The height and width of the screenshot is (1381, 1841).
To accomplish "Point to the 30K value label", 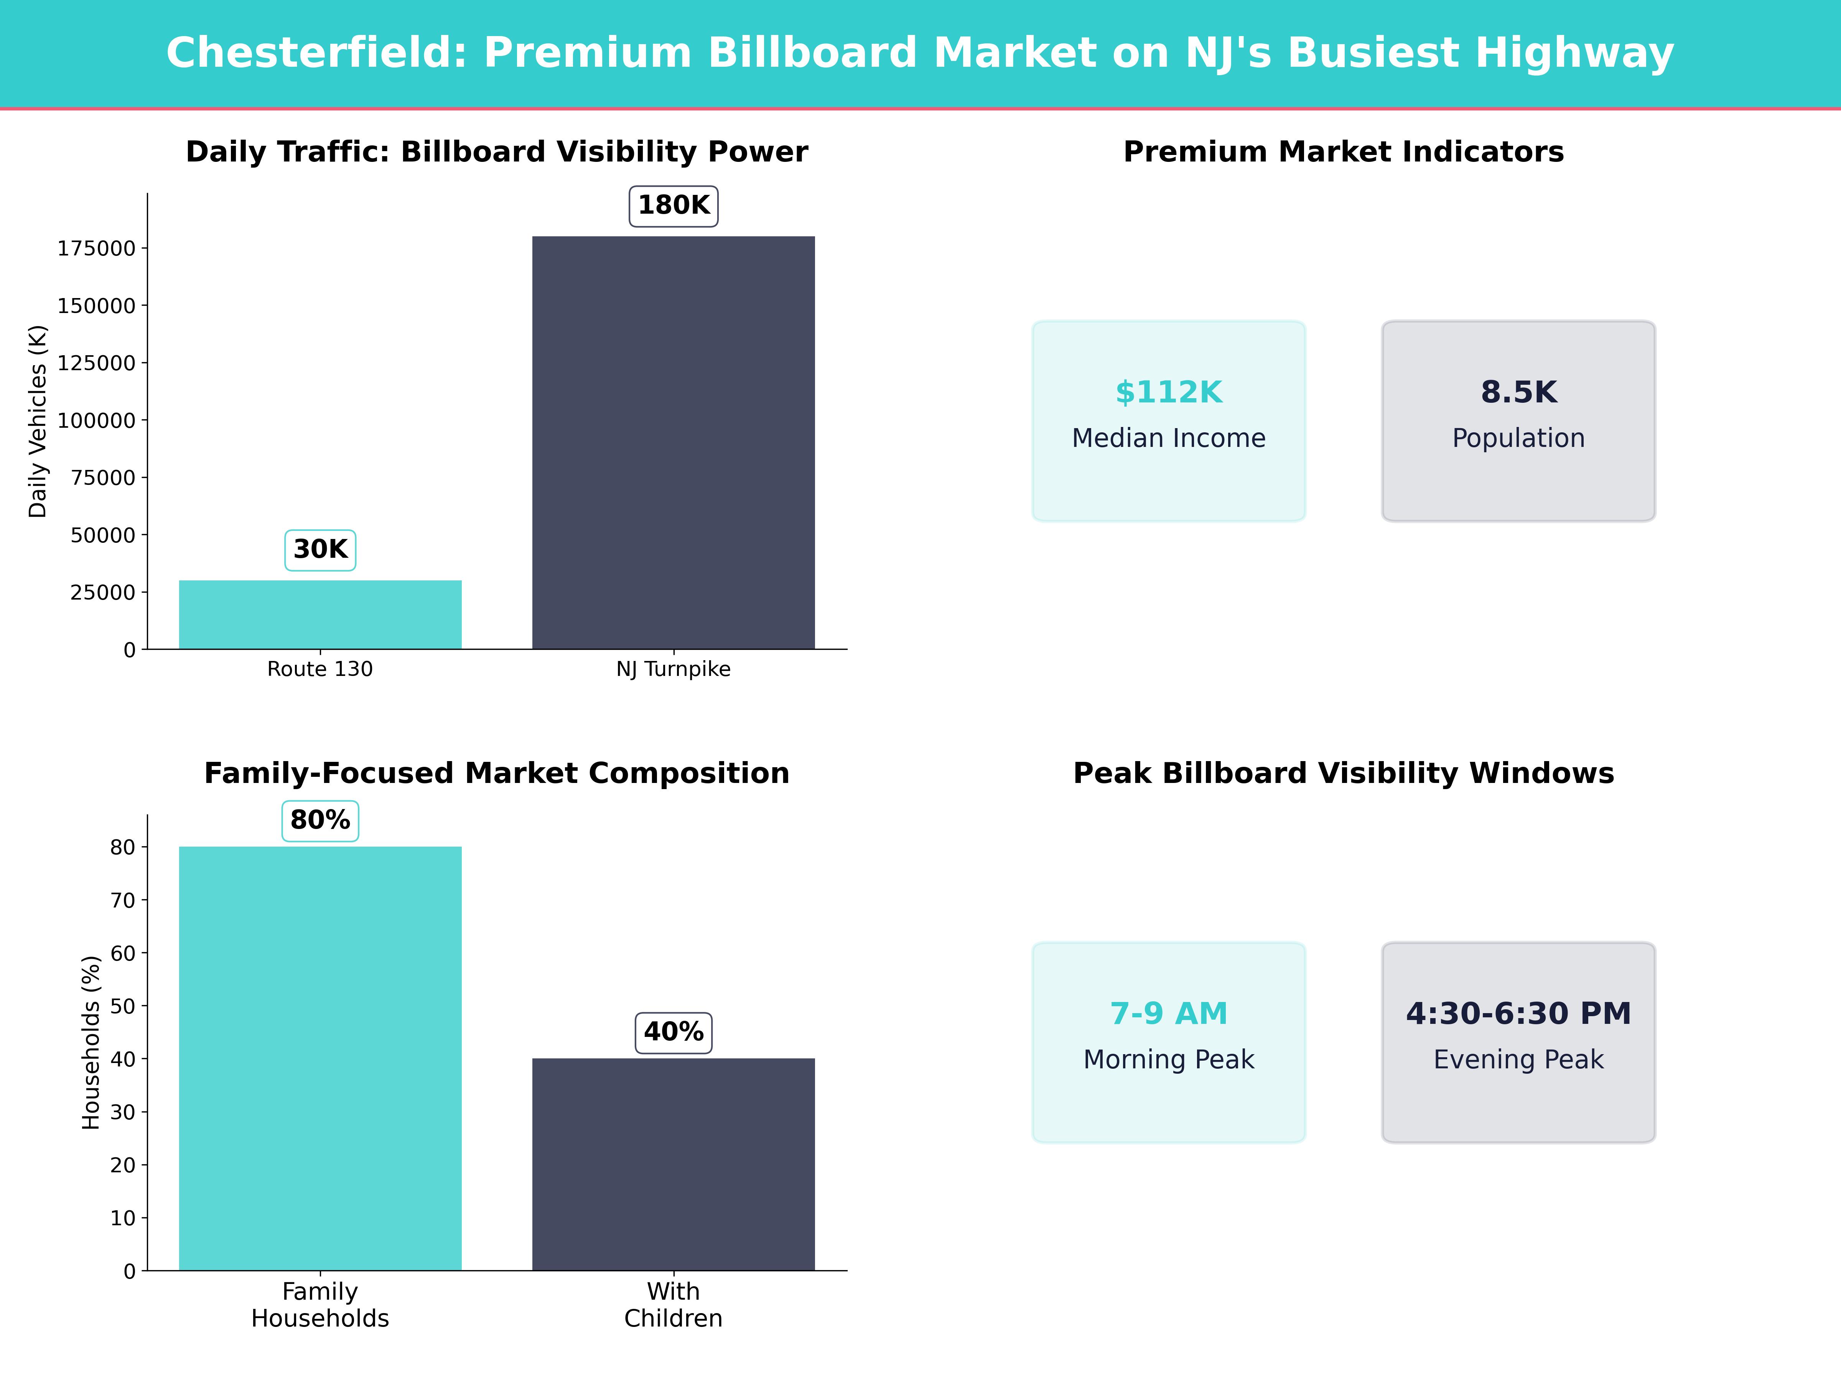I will (x=320, y=549).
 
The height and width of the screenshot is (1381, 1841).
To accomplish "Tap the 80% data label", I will (x=320, y=820).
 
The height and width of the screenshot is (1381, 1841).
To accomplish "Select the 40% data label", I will (x=673, y=1032).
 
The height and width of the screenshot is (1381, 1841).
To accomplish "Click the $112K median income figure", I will (x=1169, y=392).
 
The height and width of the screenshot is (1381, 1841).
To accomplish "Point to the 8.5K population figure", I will (x=1518, y=392).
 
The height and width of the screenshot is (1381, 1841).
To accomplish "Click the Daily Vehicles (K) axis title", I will (x=38, y=421).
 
